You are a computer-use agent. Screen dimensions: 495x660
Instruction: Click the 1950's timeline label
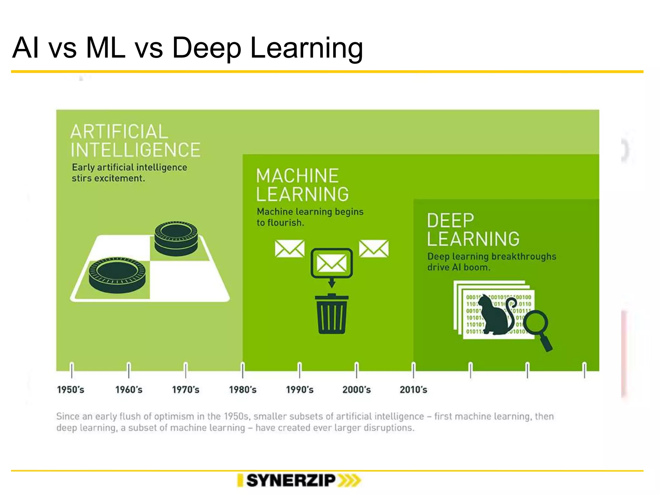point(71,390)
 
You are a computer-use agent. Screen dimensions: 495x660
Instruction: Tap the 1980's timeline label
point(243,390)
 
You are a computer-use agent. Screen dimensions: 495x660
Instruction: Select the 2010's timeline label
point(413,390)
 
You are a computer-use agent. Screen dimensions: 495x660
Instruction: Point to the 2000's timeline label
point(356,390)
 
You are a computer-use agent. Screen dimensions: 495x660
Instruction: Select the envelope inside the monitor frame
point(332,263)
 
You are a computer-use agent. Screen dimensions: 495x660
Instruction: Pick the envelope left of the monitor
point(289,248)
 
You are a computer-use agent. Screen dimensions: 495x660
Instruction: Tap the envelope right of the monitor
point(374,248)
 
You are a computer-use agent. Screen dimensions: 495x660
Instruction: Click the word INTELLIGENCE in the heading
point(136,150)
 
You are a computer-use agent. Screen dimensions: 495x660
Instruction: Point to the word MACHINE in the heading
point(297,176)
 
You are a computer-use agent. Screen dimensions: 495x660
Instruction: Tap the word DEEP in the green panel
point(451,221)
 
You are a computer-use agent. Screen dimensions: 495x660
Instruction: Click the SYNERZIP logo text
point(291,480)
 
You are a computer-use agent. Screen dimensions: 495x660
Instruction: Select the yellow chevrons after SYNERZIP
point(349,480)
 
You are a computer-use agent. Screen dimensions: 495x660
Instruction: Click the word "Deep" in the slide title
point(207,48)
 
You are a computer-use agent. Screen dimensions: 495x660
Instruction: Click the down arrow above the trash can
point(332,283)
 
